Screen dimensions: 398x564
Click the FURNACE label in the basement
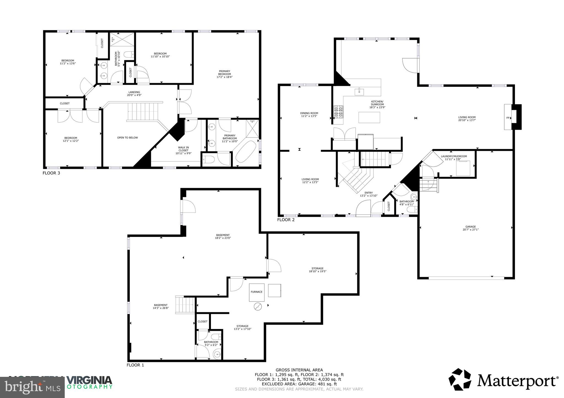click(256, 292)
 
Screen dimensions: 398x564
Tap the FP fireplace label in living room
click(508, 118)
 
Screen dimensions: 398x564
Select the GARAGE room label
click(471, 226)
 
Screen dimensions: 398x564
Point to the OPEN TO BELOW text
click(128, 137)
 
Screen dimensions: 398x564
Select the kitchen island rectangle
click(369, 117)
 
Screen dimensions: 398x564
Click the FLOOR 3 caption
click(51, 173)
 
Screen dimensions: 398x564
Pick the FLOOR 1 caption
click(135, 365)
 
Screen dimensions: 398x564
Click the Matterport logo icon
click(460, 380)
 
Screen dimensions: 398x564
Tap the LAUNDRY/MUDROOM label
click(454, 156)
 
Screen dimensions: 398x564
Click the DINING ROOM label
click(309, 113)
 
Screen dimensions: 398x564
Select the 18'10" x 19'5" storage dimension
click(318, 271)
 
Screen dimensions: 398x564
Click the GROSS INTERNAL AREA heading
click(299, 370)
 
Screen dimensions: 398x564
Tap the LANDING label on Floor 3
click(134, 92)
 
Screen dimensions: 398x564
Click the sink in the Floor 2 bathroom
click(414, 197)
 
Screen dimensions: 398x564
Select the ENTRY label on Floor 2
click(368, 193)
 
